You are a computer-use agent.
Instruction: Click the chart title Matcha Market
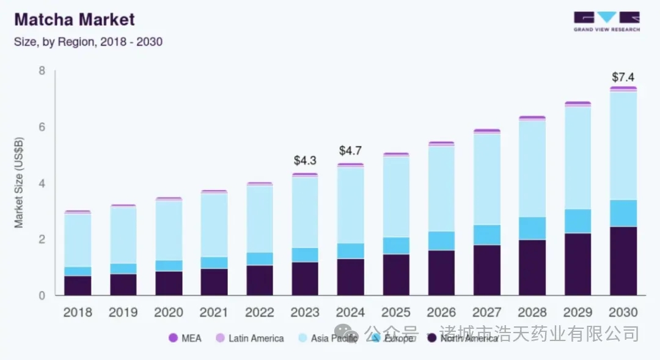(74, 20)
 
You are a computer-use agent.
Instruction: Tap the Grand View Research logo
(606, 21)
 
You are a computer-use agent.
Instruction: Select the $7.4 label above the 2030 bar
(623, 77)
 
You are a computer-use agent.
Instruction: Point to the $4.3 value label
(305, 161)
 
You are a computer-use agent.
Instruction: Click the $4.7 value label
(350, 151)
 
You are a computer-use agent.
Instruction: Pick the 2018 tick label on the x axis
(78, 312)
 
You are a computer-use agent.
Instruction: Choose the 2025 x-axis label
(395, 312)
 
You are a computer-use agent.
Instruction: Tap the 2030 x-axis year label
(623, 312)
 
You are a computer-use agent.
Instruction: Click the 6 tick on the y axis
(42, 127)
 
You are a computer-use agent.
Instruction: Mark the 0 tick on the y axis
(42, 296)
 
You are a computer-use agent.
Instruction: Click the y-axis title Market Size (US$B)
(19, 183)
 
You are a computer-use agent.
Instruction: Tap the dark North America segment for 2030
(623, 261)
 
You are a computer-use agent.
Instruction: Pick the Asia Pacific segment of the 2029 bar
(577, 158)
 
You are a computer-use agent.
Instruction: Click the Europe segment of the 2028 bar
(532, 228)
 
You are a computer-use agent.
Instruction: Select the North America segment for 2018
(78, 285)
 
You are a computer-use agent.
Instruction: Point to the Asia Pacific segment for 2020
(169, 230)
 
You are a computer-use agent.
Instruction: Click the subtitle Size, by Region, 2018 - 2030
(88, 42)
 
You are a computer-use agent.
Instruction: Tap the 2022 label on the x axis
(259, 312)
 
